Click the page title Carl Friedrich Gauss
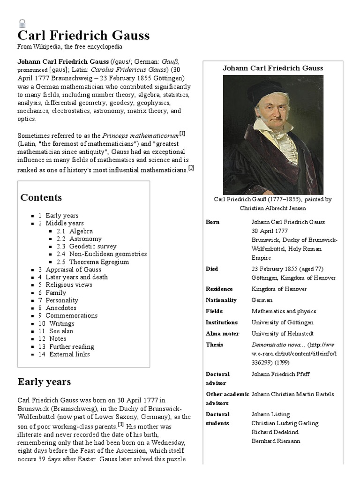83,36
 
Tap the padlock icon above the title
22,22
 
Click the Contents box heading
41,197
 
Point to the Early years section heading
45,382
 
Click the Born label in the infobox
212,222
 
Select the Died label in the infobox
212,269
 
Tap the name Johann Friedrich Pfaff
280,374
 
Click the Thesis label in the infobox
214,345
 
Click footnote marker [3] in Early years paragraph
120,425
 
